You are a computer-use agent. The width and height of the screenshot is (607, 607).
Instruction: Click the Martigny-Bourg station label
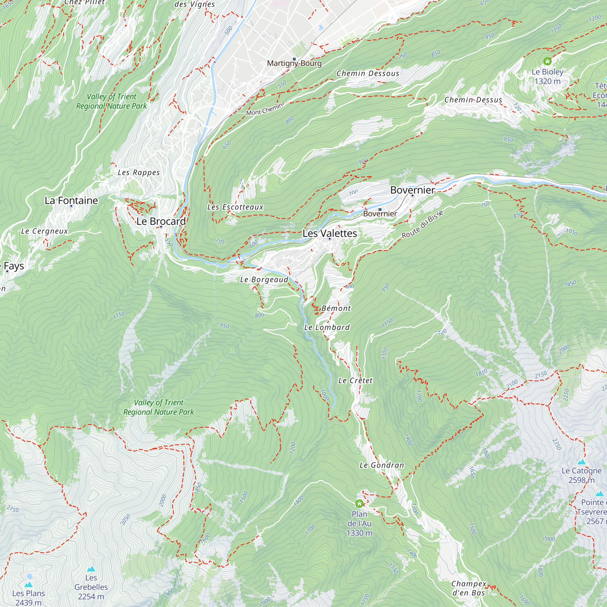pyautogui.click(x=294, y=63)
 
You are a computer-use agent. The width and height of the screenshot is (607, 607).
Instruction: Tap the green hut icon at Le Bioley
pyautogui.click(x=547, y=61)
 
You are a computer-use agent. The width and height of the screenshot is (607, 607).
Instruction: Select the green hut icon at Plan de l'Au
pyautogui.click(x=359, y=504)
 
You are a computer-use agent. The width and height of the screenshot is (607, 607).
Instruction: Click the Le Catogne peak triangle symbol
pyautogui.click(x=582, y=462)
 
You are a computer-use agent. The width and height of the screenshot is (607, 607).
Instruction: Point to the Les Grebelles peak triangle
pyautogui.click(x=91, y=569)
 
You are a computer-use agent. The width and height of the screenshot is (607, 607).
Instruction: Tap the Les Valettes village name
pyautogui.click(x=330, y=233)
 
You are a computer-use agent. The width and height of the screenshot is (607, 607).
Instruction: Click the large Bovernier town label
pyautogui.click(x=412, y=190)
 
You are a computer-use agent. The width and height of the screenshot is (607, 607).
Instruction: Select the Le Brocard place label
pyautogui.click(x=161, y=221)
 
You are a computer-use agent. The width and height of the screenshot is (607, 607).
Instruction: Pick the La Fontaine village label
pyautogui.click(x=71, y=200)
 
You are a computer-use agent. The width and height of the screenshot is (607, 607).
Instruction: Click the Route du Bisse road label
pyautogui.click(x=422, y=224)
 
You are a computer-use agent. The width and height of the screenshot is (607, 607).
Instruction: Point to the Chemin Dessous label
pyautogui.click(x=368, y=73)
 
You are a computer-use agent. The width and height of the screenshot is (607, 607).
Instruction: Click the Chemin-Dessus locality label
pyautogui.click(x=473, y=100)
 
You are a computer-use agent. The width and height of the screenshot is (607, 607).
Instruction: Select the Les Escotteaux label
pyautogui.click(x=235, y=207)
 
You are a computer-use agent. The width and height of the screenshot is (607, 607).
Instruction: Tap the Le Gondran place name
pyautogui.click(x=381, y=465)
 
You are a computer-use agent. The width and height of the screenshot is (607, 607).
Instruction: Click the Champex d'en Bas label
pyautogui.click(x=468, y=588)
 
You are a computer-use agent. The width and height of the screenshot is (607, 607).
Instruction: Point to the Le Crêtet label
pyautogui.click(x=355, y=381)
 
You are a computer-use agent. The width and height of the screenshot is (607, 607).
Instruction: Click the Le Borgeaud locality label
pyautogui.click(x=264, y=280)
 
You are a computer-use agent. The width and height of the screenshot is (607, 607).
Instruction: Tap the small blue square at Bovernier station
pyautogui.click(x=380, y=209)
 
